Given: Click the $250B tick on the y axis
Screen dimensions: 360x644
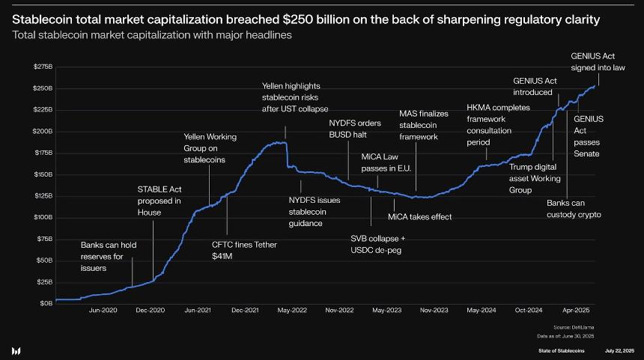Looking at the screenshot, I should pyautogui.click(x=43, y=88).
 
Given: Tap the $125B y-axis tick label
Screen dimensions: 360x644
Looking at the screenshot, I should pyautogui.click(x=43, y=196).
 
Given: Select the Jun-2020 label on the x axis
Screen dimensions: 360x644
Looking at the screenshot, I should pyautogui.click(x=103, y=310).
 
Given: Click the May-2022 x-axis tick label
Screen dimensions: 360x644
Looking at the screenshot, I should pyautogui.click(x=292, y=310).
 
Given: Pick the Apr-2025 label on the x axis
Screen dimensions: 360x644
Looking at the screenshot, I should pyautogui.click(x=577, y=310).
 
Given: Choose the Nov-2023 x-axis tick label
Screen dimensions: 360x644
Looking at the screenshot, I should pyautogui.click(x=434, y=310).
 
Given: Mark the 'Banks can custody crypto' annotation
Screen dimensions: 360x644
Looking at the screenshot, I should pyautogui.click(x=574, y=209).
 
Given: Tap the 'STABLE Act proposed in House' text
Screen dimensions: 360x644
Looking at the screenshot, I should pyautogui.click(x=159, y=201).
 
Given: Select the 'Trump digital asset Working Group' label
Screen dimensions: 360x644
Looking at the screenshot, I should pyautogui.click(x=535, y=179).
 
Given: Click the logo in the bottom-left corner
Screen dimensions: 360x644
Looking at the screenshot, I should pyautogui.click(x=16, y=350).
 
